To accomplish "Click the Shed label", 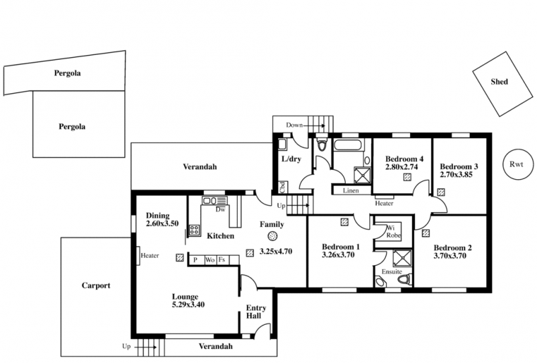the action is pos(499,81).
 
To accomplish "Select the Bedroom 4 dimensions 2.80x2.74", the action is pos(401,167).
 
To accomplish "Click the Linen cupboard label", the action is pos(350,191).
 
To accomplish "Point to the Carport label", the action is pos(96,286).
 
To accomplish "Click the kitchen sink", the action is pos(215,201).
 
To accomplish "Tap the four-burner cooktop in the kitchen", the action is pos(195,229).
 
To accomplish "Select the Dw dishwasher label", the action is pos(220,209).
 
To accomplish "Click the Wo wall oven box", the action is pos(210,260).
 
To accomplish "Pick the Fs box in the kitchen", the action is pos(223,260).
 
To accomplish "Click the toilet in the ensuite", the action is pos(405,279).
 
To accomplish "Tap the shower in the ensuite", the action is pos(402,258).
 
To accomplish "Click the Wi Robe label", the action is pos(393,232).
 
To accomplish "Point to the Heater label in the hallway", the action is pos(384,203).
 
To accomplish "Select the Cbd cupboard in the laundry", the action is pos(283,187).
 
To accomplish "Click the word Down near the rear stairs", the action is pos(294,125).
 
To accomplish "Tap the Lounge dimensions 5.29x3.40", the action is pos(188,305).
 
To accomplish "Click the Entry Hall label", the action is pos(256,312).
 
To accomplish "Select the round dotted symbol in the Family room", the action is pos(273,236).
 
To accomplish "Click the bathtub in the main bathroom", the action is pos(348,145).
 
